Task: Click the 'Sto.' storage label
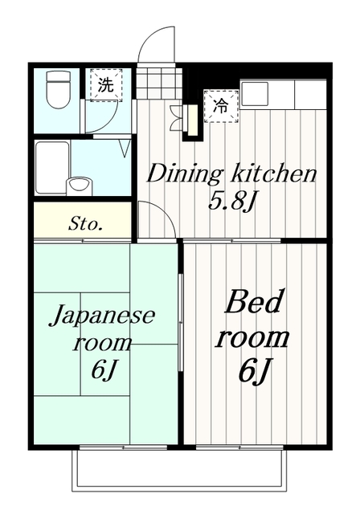point(85,222)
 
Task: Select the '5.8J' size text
point(231,200)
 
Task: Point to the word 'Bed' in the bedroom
point(256,304)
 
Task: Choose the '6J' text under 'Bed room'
point(254,371)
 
